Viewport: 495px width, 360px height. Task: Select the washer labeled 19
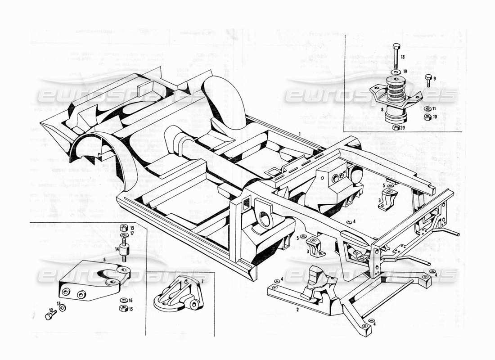point(395,72)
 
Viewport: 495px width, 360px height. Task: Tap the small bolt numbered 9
point(428,81)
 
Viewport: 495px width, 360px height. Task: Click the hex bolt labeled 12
point(49,315)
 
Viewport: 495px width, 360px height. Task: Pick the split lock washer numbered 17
point(124,235)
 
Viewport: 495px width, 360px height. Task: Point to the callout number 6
point(104,260)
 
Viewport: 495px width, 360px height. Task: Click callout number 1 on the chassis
point(299,134)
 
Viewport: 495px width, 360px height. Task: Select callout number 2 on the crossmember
point(297,310)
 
